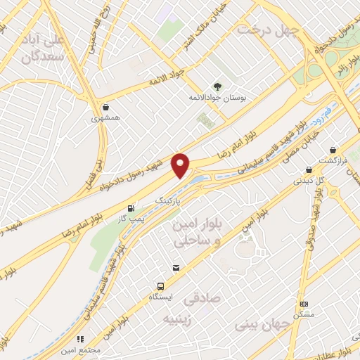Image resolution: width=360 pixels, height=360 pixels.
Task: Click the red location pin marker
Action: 181,165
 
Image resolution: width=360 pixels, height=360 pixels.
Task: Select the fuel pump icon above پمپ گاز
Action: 131,208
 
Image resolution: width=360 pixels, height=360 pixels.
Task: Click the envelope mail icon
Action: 175,268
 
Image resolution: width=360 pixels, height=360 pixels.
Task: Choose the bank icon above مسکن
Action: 304,304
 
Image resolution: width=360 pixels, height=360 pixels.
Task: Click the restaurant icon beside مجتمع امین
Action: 81,339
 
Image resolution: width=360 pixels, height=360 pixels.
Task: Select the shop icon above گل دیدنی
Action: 309,169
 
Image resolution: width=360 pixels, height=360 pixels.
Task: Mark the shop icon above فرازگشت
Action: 333,149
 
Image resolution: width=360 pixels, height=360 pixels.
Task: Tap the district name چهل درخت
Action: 268,29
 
